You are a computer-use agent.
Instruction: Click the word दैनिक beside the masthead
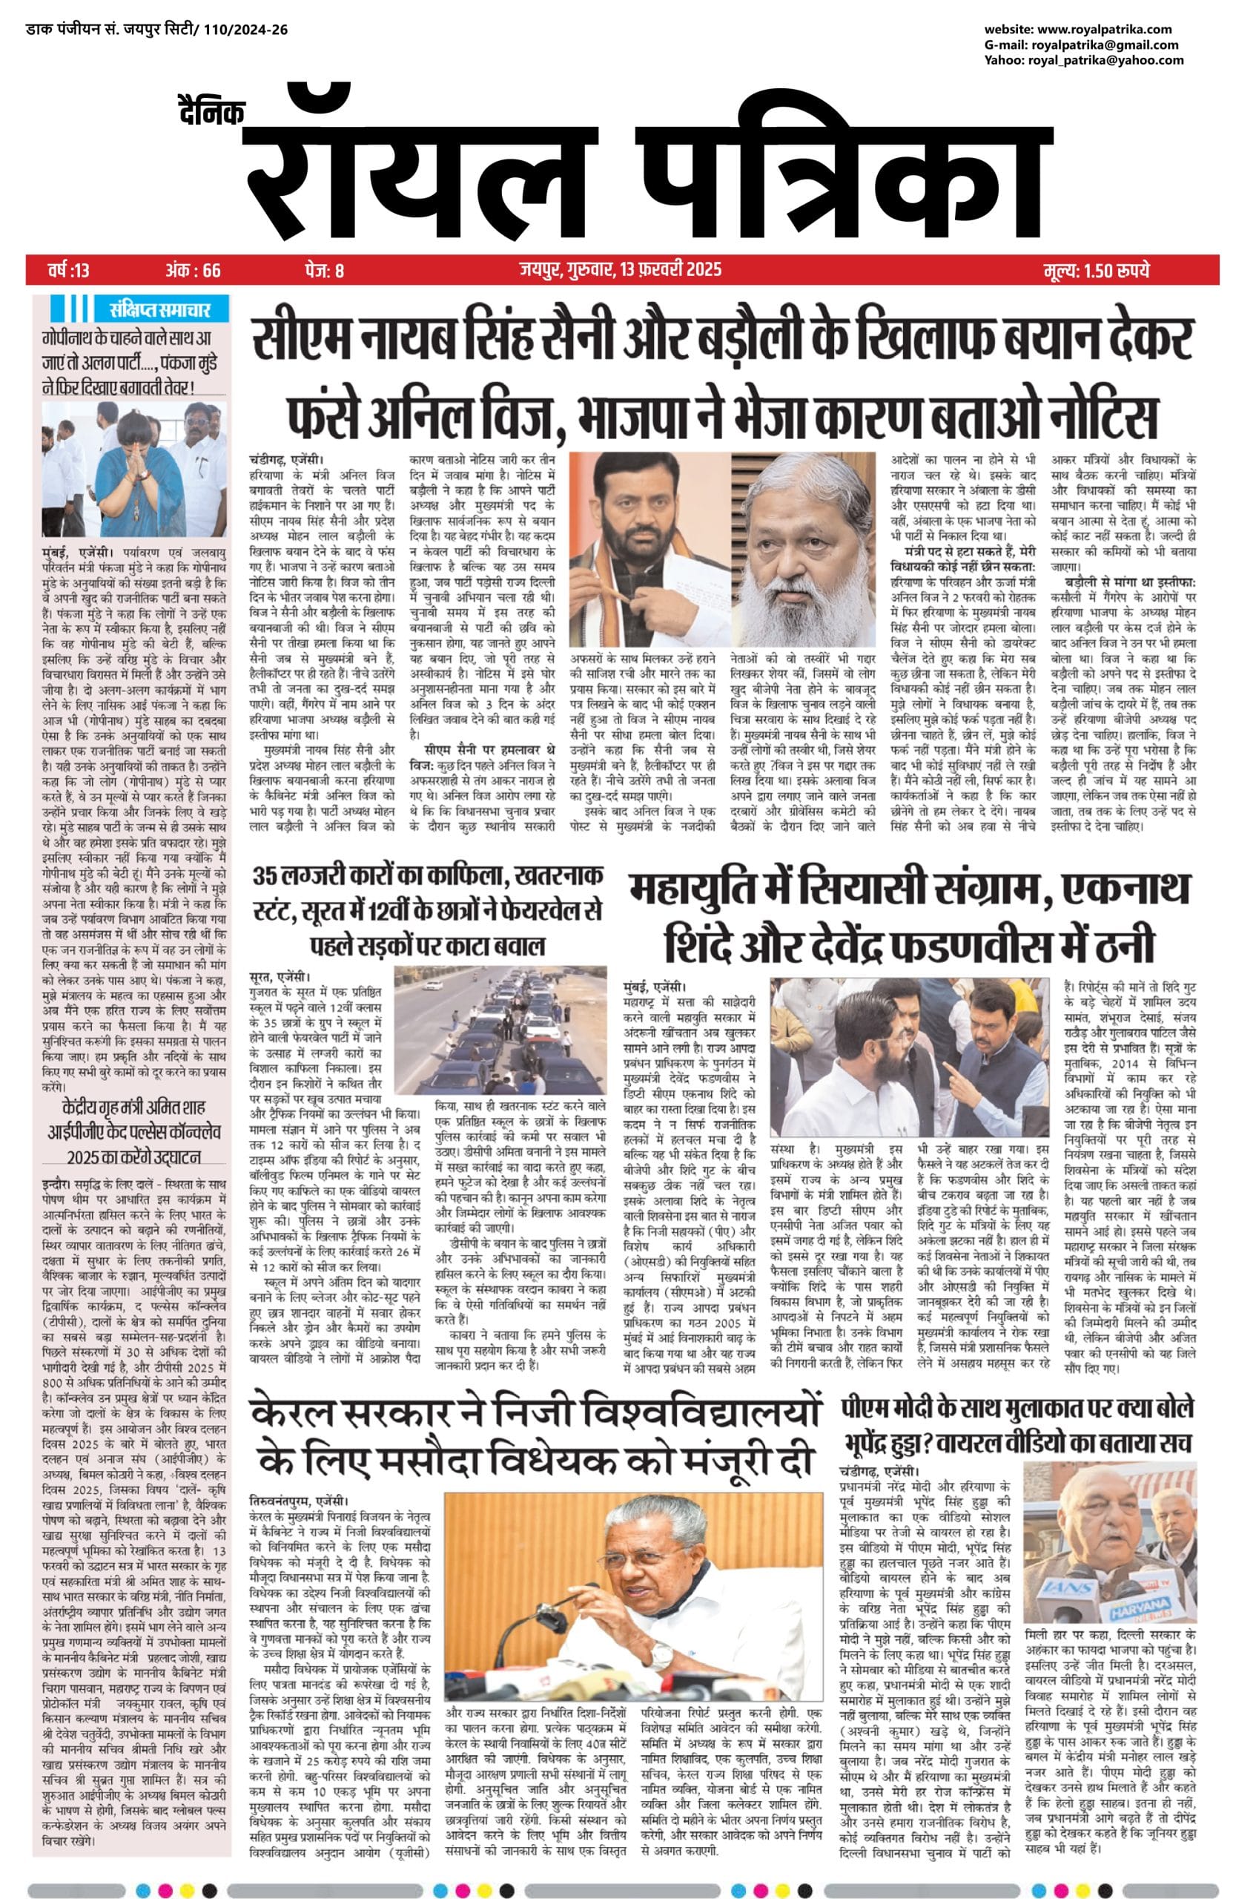point(211,112)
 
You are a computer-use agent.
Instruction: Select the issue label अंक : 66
point(193,270)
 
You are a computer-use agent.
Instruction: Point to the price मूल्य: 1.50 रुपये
point(1096,270)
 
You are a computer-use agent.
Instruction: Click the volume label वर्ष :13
point(69,270)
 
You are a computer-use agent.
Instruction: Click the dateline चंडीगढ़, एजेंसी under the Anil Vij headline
point(287,460)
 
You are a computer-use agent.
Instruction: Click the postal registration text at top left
point(156,30)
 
